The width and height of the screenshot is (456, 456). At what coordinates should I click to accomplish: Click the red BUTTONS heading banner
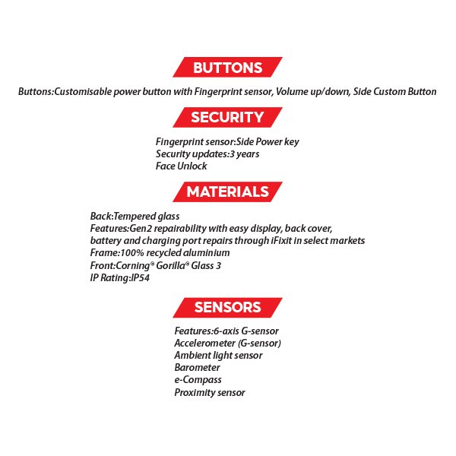227,68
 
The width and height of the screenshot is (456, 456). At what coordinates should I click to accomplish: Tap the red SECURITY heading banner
227,117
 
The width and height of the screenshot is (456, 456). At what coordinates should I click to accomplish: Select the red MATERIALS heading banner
227,192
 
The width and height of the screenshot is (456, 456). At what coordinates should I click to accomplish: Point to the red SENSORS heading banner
227,307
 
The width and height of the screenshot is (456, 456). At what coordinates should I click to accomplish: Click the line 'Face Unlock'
181,166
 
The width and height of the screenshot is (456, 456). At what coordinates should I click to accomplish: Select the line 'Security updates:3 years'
207,154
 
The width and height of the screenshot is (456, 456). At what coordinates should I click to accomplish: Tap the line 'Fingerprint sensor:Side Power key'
232,141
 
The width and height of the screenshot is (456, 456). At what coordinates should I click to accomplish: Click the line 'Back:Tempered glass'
135,216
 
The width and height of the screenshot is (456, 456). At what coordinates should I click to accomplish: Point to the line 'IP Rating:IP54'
122,277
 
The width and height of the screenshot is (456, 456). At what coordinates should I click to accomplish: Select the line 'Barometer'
198,367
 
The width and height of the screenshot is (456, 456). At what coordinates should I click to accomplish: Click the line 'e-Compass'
198,379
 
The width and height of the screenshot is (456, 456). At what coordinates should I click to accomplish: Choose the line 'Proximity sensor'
210,392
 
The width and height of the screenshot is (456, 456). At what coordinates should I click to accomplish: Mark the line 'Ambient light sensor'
218,355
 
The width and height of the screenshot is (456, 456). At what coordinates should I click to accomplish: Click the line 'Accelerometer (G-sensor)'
228,343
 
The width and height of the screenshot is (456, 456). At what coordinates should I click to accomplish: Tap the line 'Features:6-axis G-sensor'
226,331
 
